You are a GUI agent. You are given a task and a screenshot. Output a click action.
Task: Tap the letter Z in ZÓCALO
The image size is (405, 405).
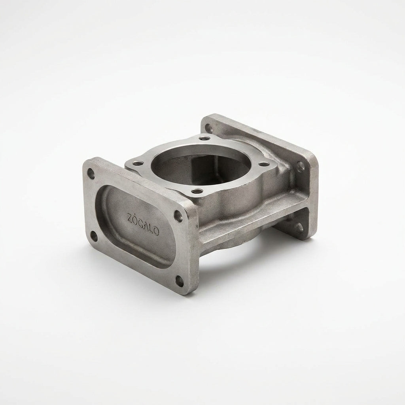[x=130, y=218]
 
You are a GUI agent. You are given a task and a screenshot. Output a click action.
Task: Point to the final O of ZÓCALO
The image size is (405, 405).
[x=156, y=231]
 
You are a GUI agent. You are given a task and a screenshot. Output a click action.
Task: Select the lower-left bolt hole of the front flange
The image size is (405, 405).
[x=94, y=236]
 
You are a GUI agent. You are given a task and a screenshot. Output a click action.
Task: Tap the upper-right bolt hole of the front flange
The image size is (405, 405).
[x=178, y=216]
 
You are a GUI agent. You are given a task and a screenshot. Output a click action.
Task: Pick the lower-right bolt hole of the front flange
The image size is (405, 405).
[x=180, y=281]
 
